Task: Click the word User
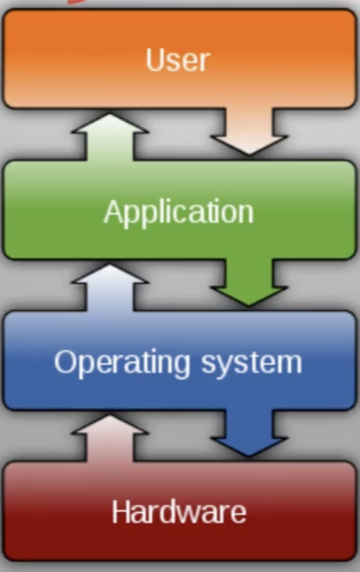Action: [x=178, y=60]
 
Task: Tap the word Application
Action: [x=179, y=213]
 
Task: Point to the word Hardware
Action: [x=179, y=512]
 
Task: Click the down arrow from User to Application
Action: [x=250, y=131]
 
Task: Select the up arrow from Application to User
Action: [x=110, y=137]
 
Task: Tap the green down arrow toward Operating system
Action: [x=250, y=282]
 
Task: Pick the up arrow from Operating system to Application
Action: [x=110, y=288]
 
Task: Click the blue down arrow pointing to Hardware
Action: [x=250, y=433]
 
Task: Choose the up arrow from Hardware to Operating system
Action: [x=110, y=438]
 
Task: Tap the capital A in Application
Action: [x=115, y=211]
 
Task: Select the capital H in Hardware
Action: [x=121, y=511]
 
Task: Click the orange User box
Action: [x=179, y=58]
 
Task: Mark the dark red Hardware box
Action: [x=179, y=511]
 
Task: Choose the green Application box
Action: [x=179, y=210]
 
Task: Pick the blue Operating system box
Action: [x=179, y=360]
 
